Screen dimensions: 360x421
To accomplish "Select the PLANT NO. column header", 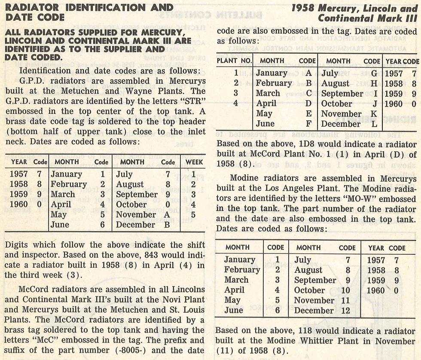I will [x=234, y=61].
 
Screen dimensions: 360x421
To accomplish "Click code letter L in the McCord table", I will [x=374, y=124].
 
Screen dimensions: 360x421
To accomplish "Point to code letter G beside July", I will [x=374, y=73].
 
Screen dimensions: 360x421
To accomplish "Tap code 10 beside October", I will [x=345, y=290].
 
